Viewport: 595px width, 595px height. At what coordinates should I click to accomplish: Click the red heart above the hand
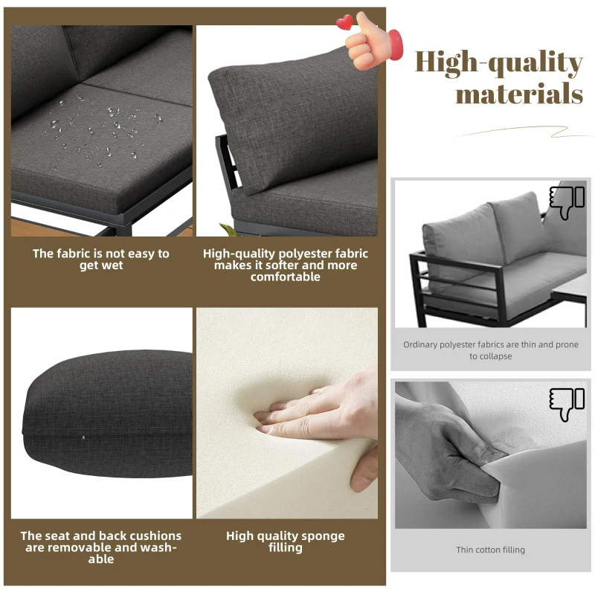344,22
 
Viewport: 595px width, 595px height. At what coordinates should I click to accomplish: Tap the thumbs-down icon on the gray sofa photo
567,202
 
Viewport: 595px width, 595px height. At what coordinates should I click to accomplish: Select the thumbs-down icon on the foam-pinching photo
567,405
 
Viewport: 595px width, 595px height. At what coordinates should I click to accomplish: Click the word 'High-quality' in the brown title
498,62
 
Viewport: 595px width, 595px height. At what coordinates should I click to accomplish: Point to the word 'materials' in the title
519,94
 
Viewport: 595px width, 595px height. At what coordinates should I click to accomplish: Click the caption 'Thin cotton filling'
490,550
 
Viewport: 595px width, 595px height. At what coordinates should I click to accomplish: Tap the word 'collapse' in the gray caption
495,356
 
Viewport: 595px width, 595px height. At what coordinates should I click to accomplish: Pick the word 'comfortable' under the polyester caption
286,277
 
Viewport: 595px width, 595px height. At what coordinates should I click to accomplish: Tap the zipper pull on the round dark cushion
83,439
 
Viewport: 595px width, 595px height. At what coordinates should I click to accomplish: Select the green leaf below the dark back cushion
228,230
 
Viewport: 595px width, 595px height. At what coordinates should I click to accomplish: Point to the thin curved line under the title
523,132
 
